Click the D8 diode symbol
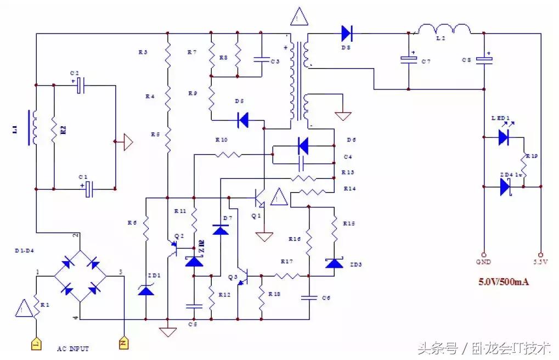point(346,33)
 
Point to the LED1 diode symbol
point(504,137)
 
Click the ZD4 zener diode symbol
point(505,187)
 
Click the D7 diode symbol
point(221,229)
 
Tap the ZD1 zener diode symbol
point(145,289)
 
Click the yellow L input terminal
point(36,344)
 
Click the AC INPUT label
point(73,348)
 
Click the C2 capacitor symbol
point(80,85)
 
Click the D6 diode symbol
point(302,146)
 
